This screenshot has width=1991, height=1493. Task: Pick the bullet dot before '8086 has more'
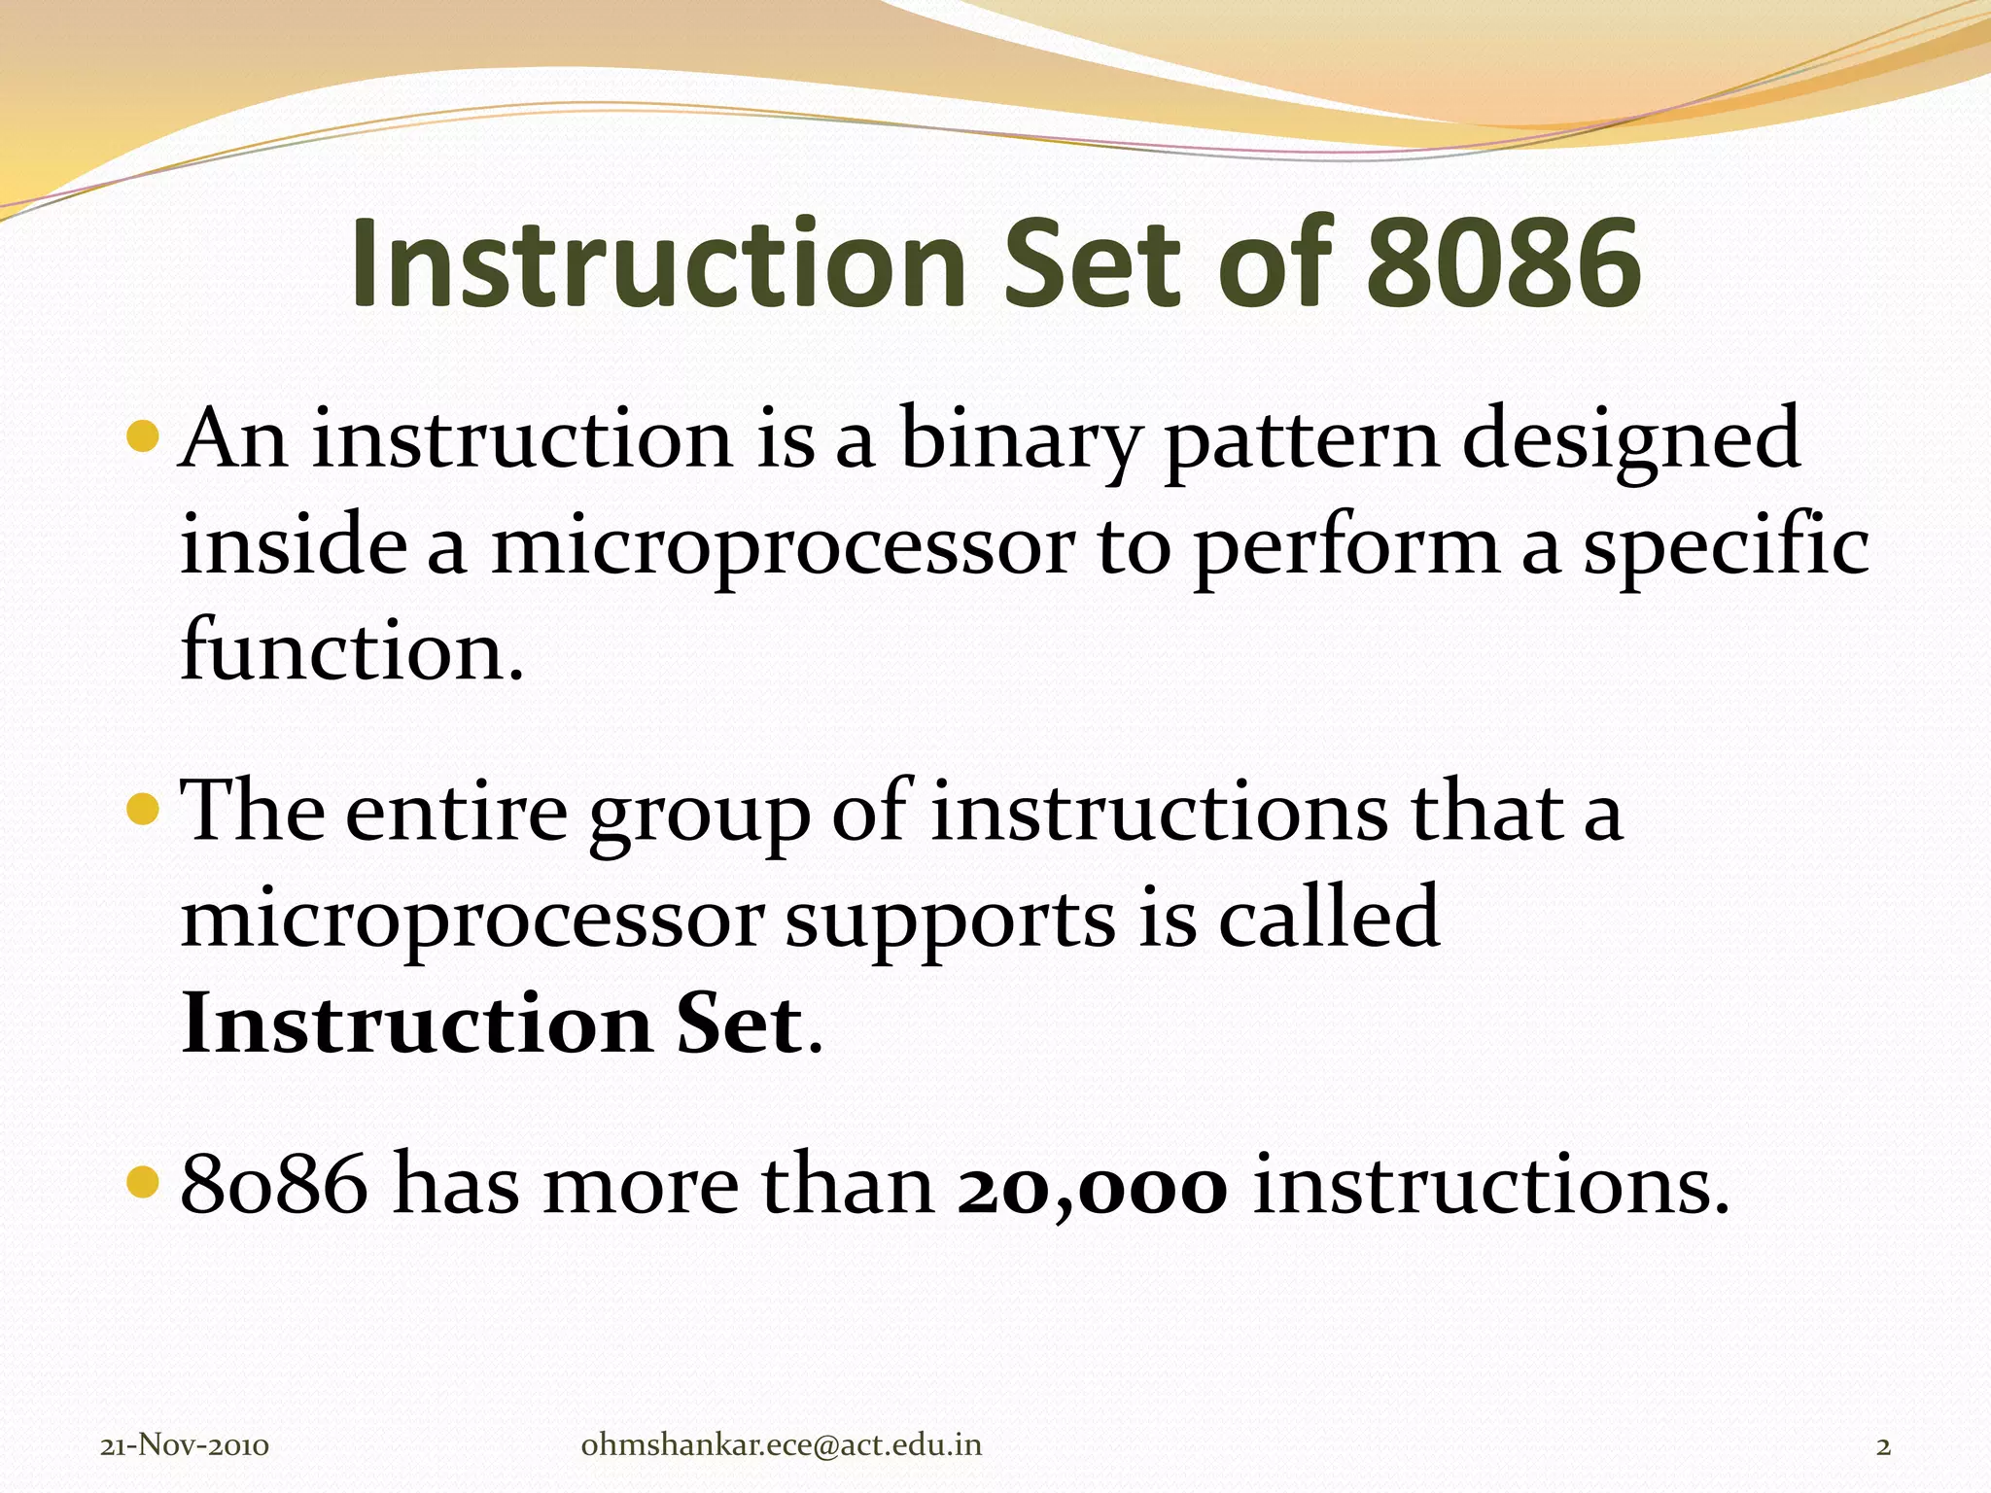[142, 1182]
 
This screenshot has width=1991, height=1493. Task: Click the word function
[351, 649]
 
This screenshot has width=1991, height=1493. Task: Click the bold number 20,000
[1093, 1188]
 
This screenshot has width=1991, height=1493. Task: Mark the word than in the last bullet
[847, 1186]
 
